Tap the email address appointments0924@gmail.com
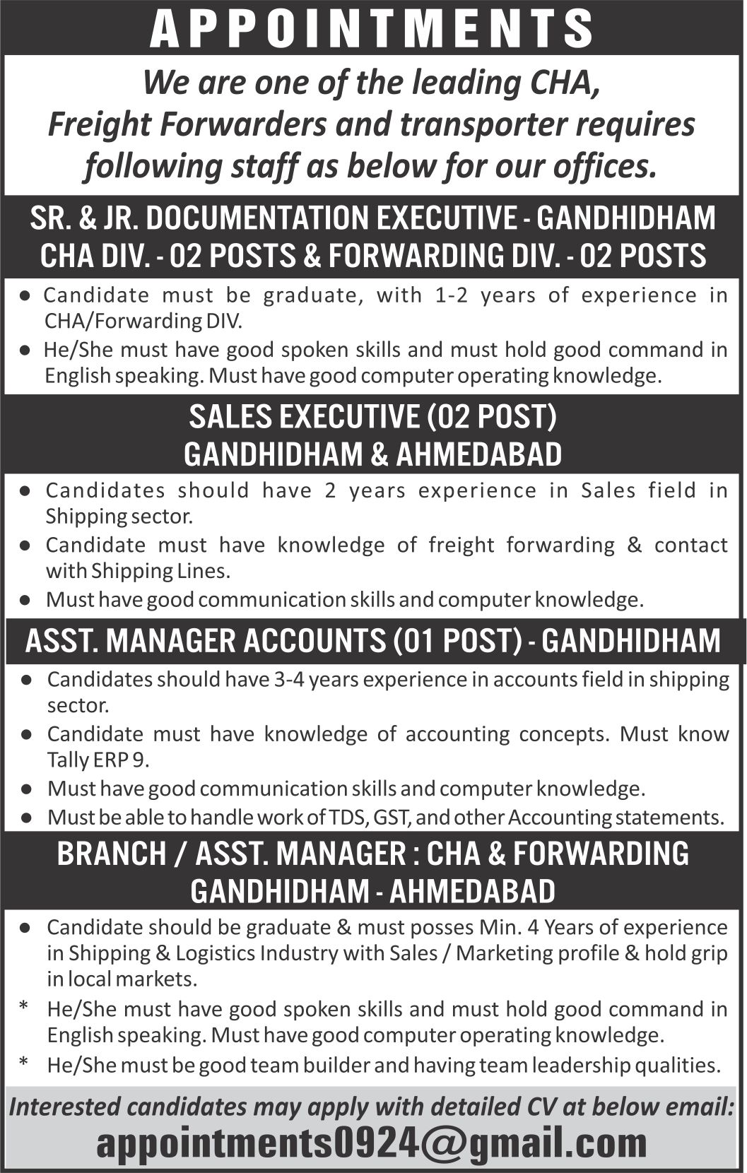372,1143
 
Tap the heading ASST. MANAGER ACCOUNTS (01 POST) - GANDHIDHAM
372,641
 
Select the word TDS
347,818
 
